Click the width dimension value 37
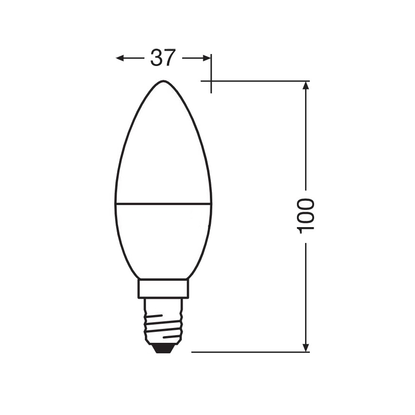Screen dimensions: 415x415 (x=164, y=58)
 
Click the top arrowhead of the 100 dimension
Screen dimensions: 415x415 (x=306, y=85)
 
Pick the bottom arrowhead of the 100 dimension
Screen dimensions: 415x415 (x=306, y=348)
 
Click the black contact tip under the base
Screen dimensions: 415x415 (x=164, y=348)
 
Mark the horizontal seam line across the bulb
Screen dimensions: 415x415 (x=164, y=203)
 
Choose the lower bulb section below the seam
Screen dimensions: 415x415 (x=164, y=239)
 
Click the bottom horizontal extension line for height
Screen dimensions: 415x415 (x=249, y=352)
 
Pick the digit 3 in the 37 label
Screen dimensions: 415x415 (x=157, y=58)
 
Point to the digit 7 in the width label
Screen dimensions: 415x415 (x=170, y=58)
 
